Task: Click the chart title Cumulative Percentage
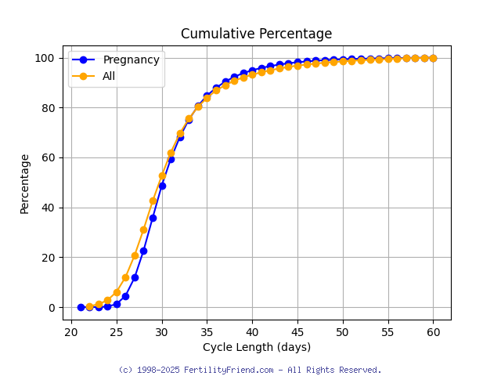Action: coord(256,34)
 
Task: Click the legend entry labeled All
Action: coord(109,76)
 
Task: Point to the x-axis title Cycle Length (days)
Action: coord(256,347)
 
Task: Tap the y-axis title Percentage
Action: coord(25,183)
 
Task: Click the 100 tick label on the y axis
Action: coord(45,58)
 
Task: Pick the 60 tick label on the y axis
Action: coord(49,157)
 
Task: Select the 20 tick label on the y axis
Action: coord(49,258)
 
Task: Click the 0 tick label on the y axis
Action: coord(52,307)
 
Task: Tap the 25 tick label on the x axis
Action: coord(117,332)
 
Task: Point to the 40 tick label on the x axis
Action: coord(252,332)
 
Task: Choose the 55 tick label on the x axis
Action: coord(387,332)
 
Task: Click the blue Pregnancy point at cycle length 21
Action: coord(81,307)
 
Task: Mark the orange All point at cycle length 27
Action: coord(135,255)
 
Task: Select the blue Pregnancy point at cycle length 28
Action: coord(143,251)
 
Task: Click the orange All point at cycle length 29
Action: coord(153,201)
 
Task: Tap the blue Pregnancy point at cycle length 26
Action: coord(125,296)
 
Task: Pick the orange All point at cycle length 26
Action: coord(125,277)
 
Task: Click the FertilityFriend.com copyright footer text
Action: coord(250,370)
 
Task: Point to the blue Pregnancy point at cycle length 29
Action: coord(153,218)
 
